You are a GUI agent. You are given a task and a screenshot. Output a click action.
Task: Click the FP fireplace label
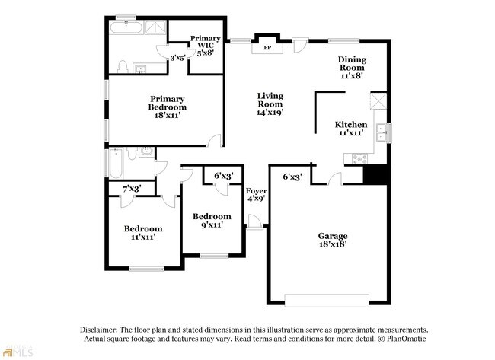point(267,48)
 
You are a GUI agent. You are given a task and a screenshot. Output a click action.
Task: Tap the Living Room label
point(270,104)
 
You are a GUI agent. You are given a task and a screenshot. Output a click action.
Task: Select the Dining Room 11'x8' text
point(352,68)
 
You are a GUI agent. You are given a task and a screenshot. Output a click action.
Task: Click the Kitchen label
point(351,129)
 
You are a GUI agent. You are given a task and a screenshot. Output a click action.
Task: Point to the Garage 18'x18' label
point(333,240)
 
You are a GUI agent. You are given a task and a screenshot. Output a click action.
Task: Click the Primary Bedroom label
point(168,107)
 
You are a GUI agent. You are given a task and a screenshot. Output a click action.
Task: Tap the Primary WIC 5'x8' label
point(205,46)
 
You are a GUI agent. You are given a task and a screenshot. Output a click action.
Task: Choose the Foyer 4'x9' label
point(257,195)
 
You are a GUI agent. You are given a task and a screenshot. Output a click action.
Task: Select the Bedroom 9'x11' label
point(212,221)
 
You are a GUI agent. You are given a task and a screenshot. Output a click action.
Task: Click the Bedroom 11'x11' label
point(143,233)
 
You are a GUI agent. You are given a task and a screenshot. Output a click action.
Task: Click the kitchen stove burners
point(360,158)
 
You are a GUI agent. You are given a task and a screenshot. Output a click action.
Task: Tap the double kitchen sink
point(382,132)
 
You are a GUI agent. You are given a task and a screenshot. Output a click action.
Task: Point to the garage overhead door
point(327,301)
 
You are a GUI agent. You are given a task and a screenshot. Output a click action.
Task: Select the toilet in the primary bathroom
point(122,67)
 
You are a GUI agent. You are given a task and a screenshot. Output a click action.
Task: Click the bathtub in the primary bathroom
point(126,27)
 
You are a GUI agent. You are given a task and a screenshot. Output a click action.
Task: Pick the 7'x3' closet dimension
point(132,189)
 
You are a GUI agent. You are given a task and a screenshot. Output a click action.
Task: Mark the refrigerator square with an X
point(378,100)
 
